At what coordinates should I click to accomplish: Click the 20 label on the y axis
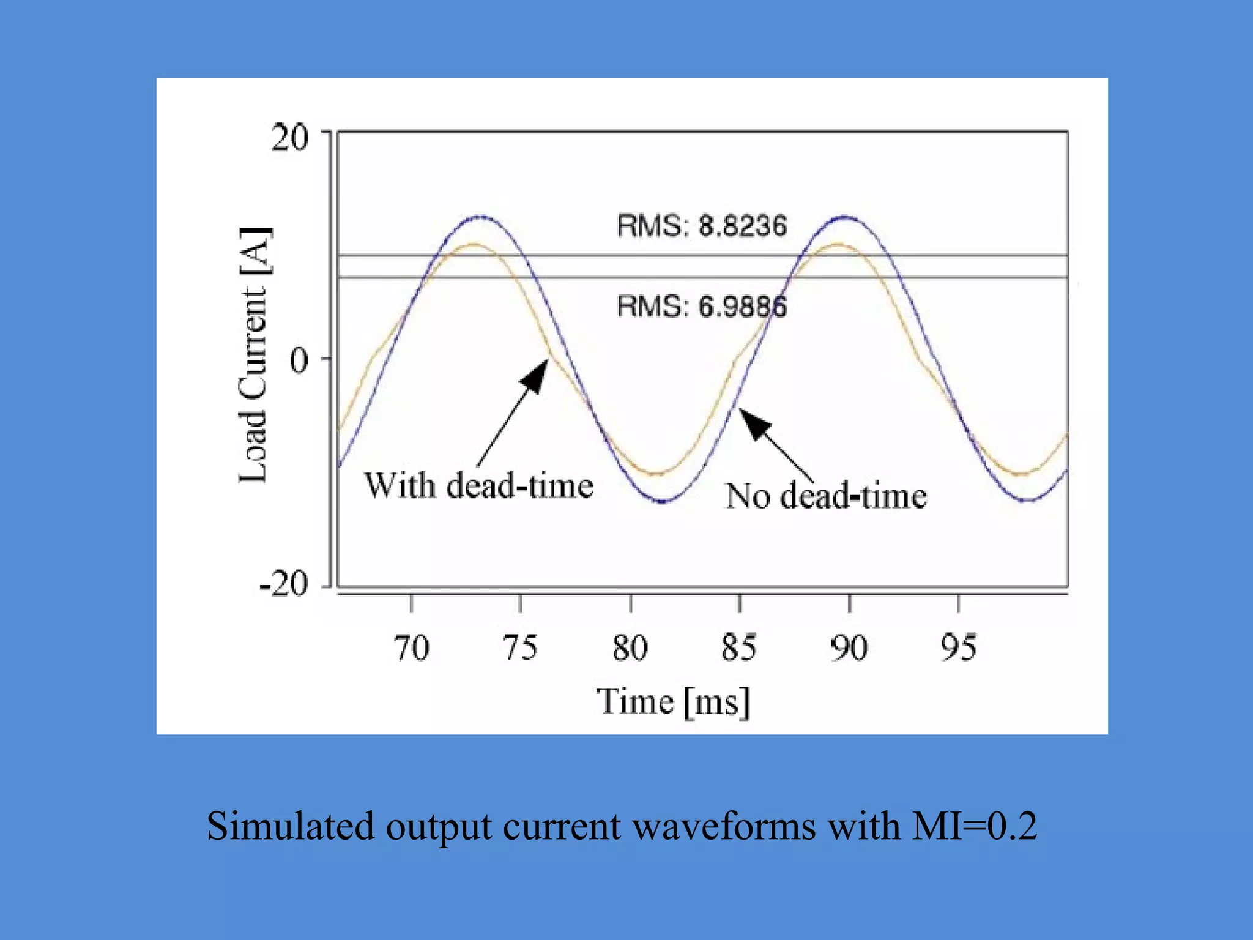point(290,138)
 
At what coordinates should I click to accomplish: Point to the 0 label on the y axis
point(299,360)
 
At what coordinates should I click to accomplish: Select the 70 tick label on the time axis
point(411,648)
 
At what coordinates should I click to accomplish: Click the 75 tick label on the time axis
point(520,648)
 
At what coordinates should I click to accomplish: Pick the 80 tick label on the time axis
point(630,648)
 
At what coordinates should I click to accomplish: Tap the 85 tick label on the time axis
point(739,648)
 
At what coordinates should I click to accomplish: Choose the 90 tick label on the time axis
point(849,648)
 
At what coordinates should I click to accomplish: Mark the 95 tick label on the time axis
point(958,648)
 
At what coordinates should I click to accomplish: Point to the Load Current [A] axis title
point(253,355)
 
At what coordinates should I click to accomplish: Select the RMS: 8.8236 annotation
point(702,226)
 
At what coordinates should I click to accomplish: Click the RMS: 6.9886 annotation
point(702,306)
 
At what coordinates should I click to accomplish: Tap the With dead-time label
point(479,487)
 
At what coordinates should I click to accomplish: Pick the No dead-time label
point(826,496)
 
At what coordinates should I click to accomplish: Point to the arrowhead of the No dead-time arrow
point(751,420)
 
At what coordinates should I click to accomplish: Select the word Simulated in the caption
point(289,826)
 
